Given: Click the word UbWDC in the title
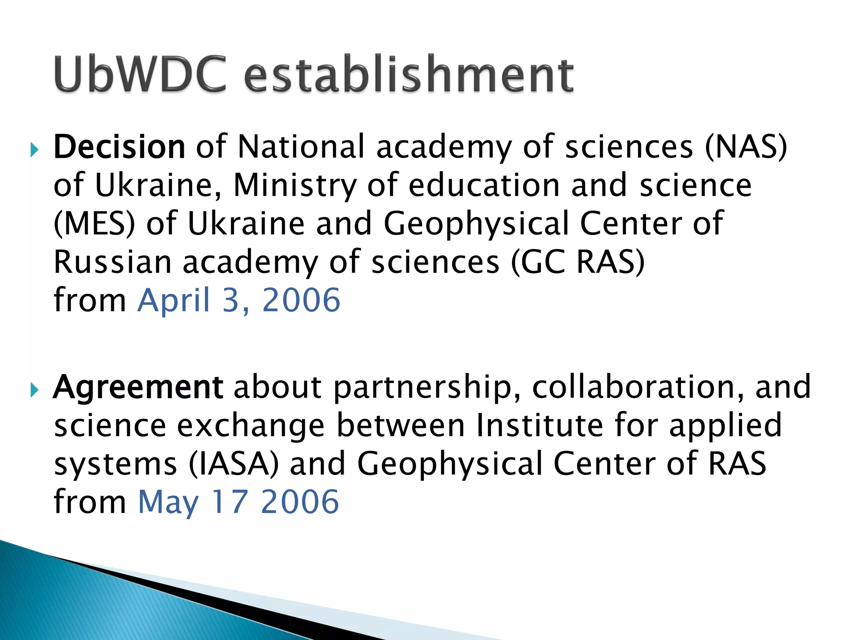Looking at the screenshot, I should pos(140,74).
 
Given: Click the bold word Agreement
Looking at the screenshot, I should pos(138,387).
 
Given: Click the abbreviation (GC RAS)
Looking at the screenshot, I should pos(578,262).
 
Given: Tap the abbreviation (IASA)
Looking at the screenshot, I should pos(233,464).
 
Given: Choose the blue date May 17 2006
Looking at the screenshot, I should pos(238,502).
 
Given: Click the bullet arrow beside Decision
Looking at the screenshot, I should pos(34,149).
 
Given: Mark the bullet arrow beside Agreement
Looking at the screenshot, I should pos(34,390).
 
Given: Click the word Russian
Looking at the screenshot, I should pos(112,262).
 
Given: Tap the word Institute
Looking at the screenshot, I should pos(539,425).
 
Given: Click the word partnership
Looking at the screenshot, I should pos(427,388).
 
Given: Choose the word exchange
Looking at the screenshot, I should pos(251,426).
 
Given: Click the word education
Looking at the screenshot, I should pos(484,185).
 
